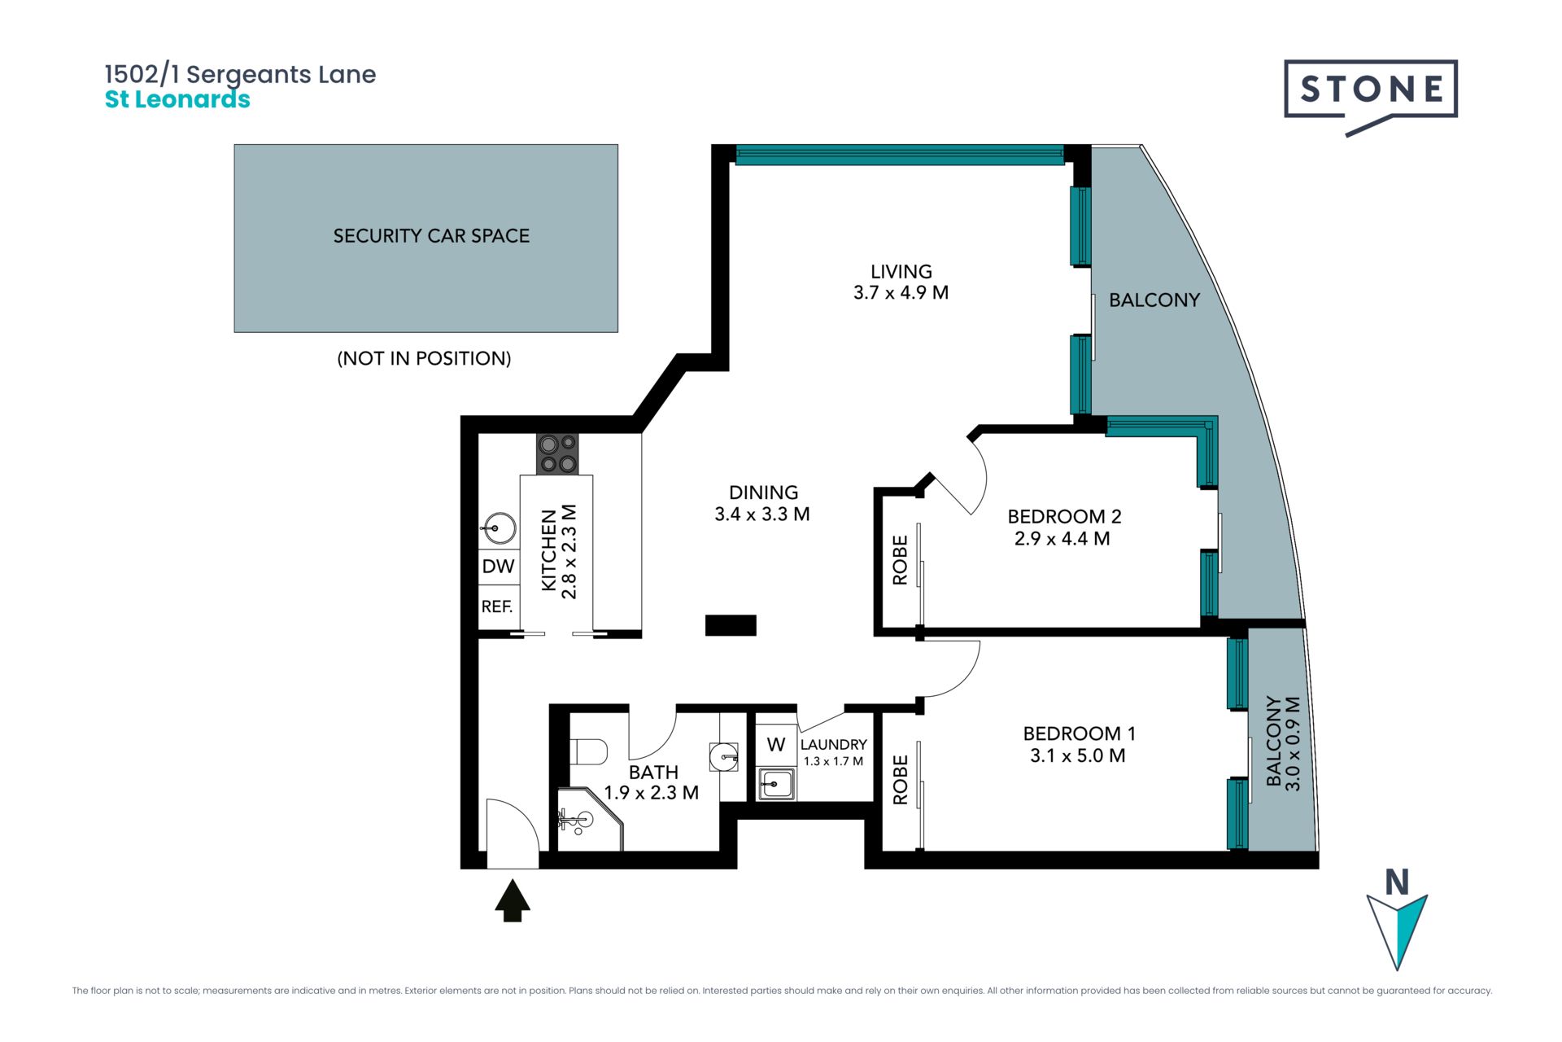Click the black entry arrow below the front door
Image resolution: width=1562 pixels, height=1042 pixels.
513,900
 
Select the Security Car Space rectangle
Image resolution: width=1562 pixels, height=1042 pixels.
425,239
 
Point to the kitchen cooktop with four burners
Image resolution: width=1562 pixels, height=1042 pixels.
557,454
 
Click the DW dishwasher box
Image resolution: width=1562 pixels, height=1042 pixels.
498,567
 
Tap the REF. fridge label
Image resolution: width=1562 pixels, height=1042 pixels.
497,606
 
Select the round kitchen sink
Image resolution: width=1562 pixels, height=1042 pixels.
499,528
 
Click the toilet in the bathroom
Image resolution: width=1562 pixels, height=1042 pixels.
588,751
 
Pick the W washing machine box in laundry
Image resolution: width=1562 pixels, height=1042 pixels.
776,744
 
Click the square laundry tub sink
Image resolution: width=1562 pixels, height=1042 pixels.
776,784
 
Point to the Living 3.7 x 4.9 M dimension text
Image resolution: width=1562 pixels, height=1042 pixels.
901,293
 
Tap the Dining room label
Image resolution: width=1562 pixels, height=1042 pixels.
763,493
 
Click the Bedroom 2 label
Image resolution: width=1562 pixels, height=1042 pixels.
1064,516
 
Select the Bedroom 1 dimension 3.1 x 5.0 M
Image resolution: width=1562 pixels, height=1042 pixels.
1078,755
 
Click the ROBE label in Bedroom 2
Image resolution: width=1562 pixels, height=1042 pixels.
900,560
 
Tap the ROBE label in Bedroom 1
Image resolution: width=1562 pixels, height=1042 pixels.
900,780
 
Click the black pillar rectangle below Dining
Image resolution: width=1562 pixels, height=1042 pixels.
731,625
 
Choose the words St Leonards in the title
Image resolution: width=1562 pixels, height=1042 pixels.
177,99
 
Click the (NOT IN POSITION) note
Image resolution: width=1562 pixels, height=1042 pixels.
424,358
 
